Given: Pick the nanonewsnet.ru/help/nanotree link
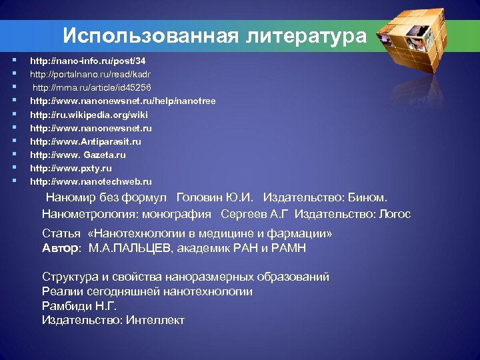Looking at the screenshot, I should point(123,101).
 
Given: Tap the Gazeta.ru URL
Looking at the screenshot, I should point(78,155).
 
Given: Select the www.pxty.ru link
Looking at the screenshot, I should point(71,168).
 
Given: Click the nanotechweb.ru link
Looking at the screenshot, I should point(91,181).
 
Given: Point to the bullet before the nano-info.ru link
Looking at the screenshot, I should point(13,61).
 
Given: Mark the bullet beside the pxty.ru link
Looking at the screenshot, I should point(13,168).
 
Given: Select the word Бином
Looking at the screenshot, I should point(369,198).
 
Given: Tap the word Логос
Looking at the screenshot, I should point(394,214).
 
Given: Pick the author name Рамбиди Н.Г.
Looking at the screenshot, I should point(79,306).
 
